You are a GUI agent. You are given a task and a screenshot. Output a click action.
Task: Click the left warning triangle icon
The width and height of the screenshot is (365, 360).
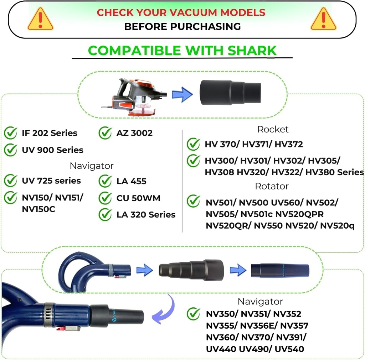point(40,20)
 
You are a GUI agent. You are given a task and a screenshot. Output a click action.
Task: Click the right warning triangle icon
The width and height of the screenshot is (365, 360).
point(323,20)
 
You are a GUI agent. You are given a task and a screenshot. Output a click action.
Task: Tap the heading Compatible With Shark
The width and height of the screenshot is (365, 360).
point(182,50)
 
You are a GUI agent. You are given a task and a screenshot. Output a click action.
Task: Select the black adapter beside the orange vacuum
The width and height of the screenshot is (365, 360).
point(230,93)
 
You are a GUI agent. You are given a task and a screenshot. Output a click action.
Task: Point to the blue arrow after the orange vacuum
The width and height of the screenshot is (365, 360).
point(182,95)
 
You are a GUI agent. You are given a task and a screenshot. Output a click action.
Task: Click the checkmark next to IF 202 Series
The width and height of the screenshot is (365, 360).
point(10,133)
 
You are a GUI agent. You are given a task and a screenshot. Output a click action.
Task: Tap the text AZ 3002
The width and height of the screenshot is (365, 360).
point(134,133)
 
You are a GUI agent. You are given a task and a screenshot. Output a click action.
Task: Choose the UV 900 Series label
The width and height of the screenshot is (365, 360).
point(52,150)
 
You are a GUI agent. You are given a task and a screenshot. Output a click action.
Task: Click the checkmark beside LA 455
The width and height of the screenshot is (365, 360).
point(105,181)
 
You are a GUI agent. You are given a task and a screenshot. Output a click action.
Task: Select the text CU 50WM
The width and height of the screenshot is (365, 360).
point(138,198)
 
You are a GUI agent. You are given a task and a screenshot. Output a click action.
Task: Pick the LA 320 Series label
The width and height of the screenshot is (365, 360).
point(146,215)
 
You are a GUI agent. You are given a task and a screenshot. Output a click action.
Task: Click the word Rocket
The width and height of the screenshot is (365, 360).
point(273,129)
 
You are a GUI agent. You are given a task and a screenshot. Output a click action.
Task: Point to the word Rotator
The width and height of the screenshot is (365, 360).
point(272,186)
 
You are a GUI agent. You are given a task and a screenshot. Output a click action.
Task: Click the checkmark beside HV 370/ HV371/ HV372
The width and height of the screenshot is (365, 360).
point(193,144)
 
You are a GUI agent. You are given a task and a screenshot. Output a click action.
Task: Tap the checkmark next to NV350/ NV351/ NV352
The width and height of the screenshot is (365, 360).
point(193,314)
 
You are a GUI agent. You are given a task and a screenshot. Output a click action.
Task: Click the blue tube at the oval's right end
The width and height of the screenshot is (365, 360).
point(280,271)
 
